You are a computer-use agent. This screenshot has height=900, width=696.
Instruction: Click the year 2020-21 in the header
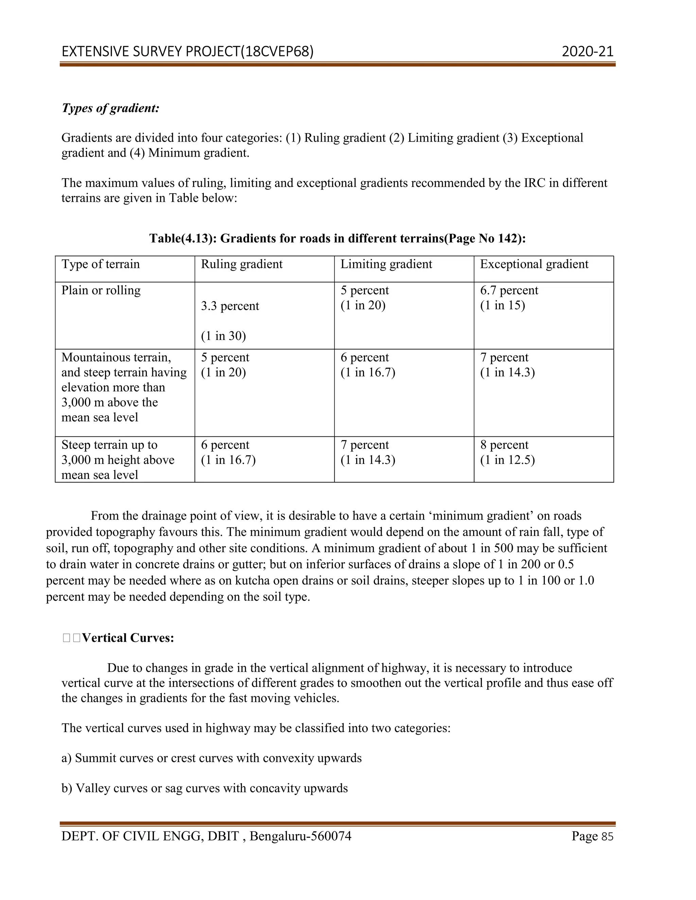click(587, 52)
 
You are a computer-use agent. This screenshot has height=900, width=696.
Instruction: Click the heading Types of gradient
click(110, 108)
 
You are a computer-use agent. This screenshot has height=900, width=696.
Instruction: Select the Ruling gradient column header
click(242, 264)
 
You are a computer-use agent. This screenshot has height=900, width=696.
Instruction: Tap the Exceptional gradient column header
click(534, 264)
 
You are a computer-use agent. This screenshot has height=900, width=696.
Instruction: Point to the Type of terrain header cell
click(101, 264)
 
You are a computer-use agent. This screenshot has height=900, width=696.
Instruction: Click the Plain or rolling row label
click(101, 290)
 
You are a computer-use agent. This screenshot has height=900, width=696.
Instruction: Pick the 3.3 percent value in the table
click(230, 306)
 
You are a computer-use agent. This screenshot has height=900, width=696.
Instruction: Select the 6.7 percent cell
click(509, 290)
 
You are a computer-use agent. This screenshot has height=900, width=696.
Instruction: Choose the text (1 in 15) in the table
click(502, 305)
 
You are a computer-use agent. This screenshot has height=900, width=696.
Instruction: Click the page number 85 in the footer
click(607, 837)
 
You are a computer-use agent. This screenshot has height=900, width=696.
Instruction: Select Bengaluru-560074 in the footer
click(300, 836)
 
